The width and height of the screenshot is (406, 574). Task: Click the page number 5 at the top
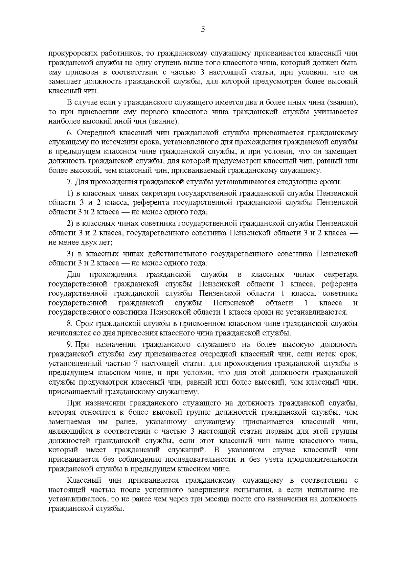click(x=203, y=29)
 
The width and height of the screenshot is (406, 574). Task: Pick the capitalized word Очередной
click(x=93, y=132)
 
